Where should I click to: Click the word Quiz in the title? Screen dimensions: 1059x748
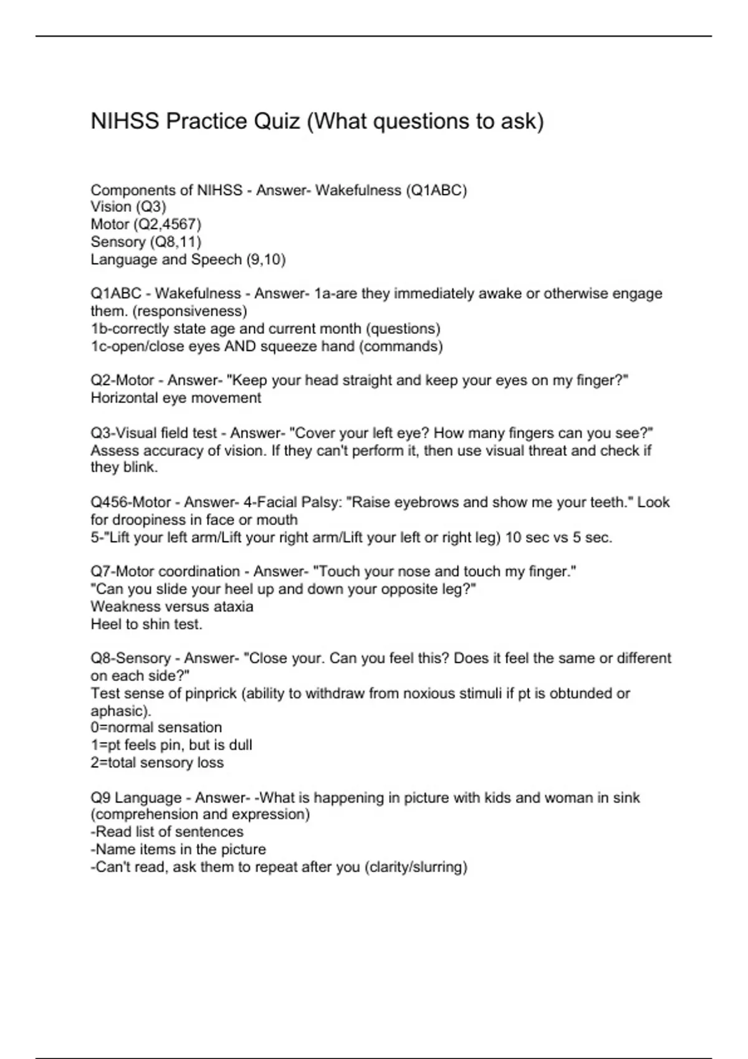click(x=276, y=121)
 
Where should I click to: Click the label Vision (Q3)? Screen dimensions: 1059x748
click(x=128, y=207)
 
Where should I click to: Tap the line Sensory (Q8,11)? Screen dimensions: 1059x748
click(x=146, y=242)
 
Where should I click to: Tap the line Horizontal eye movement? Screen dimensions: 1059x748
click(x=176, y=398)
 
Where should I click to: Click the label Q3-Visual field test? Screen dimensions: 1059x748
click(x=154, y=433)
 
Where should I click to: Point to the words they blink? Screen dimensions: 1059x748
click(x=124, y=467)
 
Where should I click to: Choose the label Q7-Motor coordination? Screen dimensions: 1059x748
click(x=165, y=571)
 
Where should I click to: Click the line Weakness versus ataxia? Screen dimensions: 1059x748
click(x=172, y=606)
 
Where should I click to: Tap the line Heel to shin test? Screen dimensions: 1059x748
click(x=146, y=624)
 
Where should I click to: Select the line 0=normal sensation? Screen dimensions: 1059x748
click(x=156, y=727)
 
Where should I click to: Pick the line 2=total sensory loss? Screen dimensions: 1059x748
click(x=157, y=762)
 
